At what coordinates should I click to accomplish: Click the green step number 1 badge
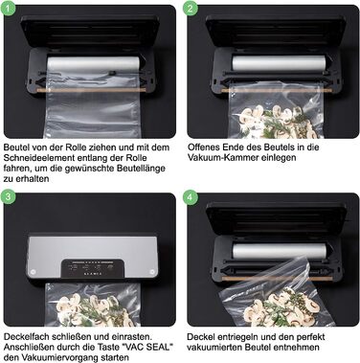8,8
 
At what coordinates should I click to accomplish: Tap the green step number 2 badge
191,8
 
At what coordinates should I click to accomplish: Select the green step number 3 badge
8,196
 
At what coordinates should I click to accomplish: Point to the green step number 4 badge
191,196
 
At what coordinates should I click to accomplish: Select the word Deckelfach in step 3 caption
27,336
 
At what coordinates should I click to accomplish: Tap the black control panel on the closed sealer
93,269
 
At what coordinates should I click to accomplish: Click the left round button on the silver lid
33,272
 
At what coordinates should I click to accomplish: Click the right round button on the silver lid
152,272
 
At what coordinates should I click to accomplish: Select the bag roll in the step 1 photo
94,64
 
